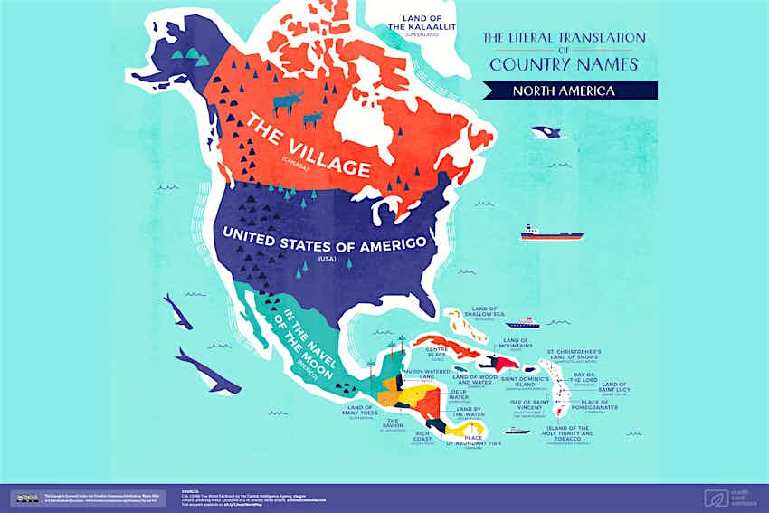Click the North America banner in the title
click(x=570, y=90)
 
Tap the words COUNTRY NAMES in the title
click(x=564, y=64)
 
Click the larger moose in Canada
click(x=284, y=103)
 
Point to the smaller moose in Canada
click(x=313, y=119)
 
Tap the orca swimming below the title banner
click(x=546, y=132)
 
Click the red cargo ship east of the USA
click(x=551, y=233)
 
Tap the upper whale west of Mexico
click(x=177, y=312)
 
